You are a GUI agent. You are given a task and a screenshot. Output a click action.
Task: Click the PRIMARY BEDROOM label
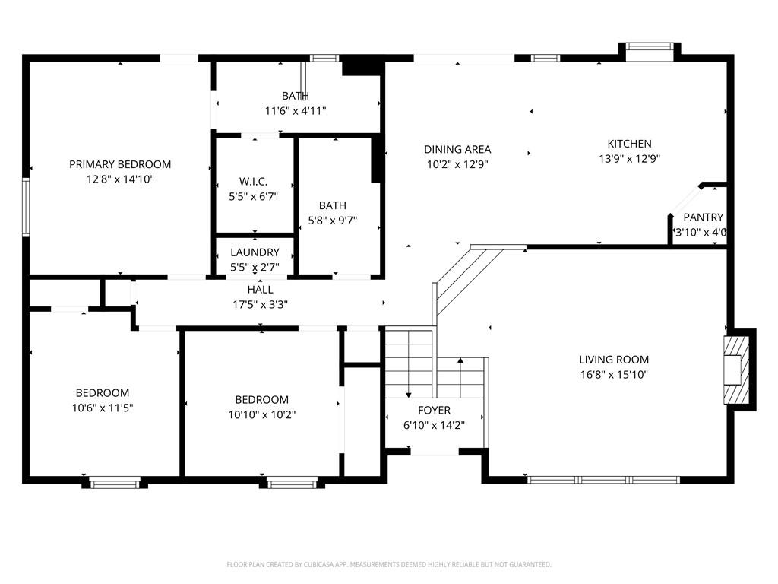coord(120,164)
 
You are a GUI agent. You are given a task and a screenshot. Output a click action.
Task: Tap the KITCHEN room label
coord(629,144)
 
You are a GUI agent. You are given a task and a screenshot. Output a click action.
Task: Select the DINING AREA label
coord(457,150)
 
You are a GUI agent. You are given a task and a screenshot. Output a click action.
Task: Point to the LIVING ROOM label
coord(614,360)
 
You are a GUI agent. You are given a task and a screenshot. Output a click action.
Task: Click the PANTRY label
coord(703,217)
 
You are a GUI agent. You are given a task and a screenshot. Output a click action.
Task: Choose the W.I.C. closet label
coord(253,182)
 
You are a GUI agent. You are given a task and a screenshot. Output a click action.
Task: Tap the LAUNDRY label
coord(255,252)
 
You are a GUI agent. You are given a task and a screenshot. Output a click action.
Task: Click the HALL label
coord(261,290)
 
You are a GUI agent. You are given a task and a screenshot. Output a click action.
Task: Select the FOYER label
coord(434,410)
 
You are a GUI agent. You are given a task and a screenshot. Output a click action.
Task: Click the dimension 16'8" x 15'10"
coord(614,374)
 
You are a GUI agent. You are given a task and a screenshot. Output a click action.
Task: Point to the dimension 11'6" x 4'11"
coord(296,111)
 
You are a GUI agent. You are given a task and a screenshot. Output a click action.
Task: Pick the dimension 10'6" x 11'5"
coord(103,408)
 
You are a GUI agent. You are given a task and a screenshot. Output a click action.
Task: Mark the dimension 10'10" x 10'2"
coord(262,414)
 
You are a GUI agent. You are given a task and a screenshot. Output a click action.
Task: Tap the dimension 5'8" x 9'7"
coord(333,221)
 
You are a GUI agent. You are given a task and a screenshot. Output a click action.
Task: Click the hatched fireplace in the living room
coord(736,370)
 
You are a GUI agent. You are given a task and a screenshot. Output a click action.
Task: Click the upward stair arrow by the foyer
coord(460,377)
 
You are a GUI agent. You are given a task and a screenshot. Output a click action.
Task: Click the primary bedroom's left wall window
coord(25,207)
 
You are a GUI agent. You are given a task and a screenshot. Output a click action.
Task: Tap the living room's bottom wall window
coord(603,480)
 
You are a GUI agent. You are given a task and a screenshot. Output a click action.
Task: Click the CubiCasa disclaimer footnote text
coord(389,565)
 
